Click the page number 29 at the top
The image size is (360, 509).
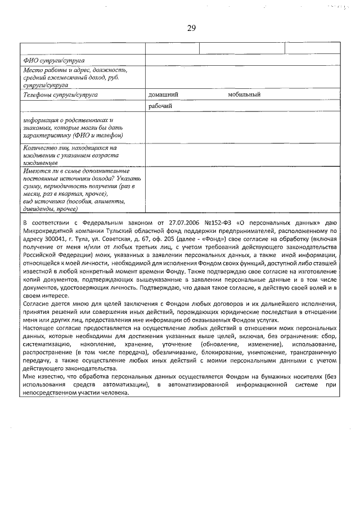point(180,27)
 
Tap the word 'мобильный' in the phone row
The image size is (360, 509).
point(244,95)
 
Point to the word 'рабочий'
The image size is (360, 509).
point(160,106)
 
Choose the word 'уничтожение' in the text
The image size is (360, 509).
point(261,352)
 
